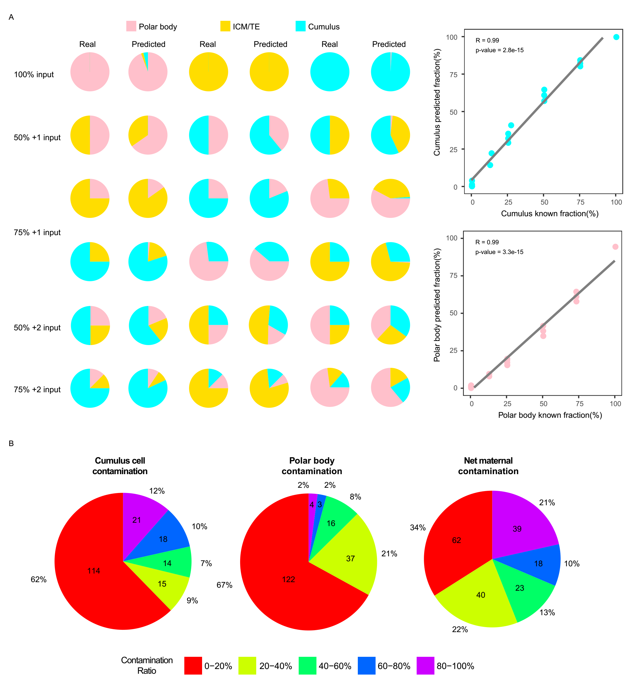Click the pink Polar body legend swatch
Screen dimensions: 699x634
131,26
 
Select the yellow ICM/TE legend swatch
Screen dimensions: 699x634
225,26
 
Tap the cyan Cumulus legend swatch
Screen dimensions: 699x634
301,26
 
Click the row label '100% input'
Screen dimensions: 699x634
34,75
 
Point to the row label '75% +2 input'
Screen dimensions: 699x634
37,389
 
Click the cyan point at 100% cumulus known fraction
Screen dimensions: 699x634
616,37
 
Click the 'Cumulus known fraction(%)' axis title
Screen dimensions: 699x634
550,213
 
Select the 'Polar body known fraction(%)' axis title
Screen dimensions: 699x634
550,415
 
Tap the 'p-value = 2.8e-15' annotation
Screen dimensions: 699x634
499,50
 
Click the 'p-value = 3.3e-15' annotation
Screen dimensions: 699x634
499,252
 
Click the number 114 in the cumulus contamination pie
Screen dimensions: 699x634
94,571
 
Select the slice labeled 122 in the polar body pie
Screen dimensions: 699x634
288,579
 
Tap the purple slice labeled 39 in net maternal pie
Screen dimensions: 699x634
517,529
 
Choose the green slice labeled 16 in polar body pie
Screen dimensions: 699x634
331,523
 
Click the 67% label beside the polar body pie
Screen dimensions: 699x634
224,585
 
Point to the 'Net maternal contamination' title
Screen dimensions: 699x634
488,466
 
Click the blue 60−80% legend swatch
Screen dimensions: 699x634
366,666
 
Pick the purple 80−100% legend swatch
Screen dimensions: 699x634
425,666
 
